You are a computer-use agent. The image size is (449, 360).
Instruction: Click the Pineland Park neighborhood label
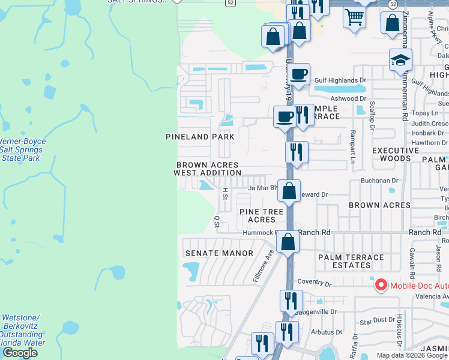[200, 137]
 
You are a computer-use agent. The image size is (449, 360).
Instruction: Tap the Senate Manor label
[219, 253]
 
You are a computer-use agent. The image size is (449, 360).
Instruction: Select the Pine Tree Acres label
[261, 215]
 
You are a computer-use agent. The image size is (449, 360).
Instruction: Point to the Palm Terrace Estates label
[351, 261]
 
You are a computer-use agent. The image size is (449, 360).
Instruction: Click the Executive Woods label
[396, 154]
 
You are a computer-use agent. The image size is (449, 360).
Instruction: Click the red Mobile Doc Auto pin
[381, 284]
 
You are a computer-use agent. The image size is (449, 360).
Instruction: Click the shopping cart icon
[354, 17]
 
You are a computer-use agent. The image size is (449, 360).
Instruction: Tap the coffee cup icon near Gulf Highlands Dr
[298, 74]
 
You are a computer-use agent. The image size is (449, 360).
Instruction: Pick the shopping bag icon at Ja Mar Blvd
[289, 191]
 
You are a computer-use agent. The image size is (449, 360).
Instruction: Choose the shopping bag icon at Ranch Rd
[288, 242]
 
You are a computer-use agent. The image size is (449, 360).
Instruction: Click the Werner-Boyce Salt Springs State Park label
[23, 149]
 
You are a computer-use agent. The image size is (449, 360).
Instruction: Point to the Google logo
[20, 353]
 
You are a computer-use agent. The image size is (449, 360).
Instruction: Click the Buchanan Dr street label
[379, 180]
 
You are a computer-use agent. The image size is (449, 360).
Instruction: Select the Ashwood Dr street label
[348, 98]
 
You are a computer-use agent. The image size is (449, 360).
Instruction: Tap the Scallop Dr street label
[372, 110]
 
